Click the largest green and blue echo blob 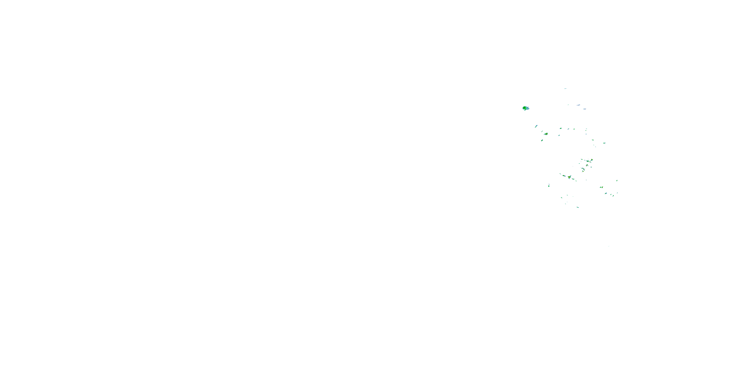pos(526,108)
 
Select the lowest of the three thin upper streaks pos(584,109)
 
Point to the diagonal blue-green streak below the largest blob pos(536,126)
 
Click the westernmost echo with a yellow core pos(546,134)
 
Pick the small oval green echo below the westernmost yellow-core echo pos(542,140)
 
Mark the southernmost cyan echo pos(578,207)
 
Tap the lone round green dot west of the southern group pos(549,186)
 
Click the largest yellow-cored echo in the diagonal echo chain pos(569,177)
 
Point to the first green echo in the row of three pos(561,128)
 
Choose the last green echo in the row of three pos(574,129)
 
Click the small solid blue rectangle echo pos(586,134)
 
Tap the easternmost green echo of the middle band pos(604,143)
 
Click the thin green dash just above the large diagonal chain pos(560,174)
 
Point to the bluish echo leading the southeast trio pos(606,193)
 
